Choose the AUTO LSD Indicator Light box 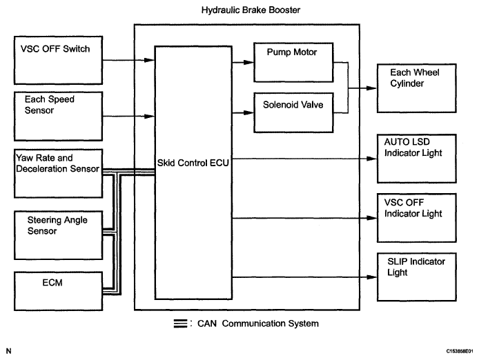pyautogui.click(x=417, y=157)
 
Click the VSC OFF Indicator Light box pyautogui.click(x=417, y=218)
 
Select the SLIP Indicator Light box pyautogui.click(x=417, y=277)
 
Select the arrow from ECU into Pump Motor pyautogui.click(x=242, y=61)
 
